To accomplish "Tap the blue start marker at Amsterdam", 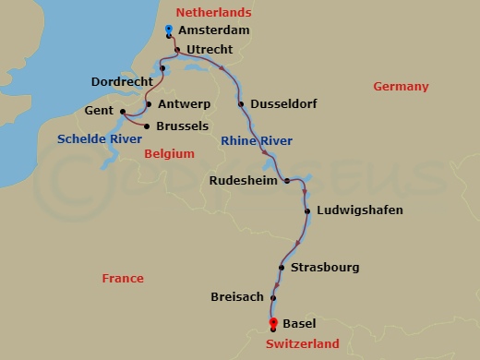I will point(168,30).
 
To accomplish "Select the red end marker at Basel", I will point(272,322).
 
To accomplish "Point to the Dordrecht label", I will point(123,82).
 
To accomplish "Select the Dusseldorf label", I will point(283,104).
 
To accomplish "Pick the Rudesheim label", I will point(244,181).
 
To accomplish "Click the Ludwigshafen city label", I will point(359,210).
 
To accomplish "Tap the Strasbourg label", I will point(324,269).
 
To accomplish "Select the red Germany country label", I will point(401,87).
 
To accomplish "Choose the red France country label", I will point(123,278).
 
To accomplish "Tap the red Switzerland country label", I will point(303,344).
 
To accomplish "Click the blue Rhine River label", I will point(257,140).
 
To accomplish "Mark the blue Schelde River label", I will point(100,139).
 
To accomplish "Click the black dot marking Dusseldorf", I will point(241,104).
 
